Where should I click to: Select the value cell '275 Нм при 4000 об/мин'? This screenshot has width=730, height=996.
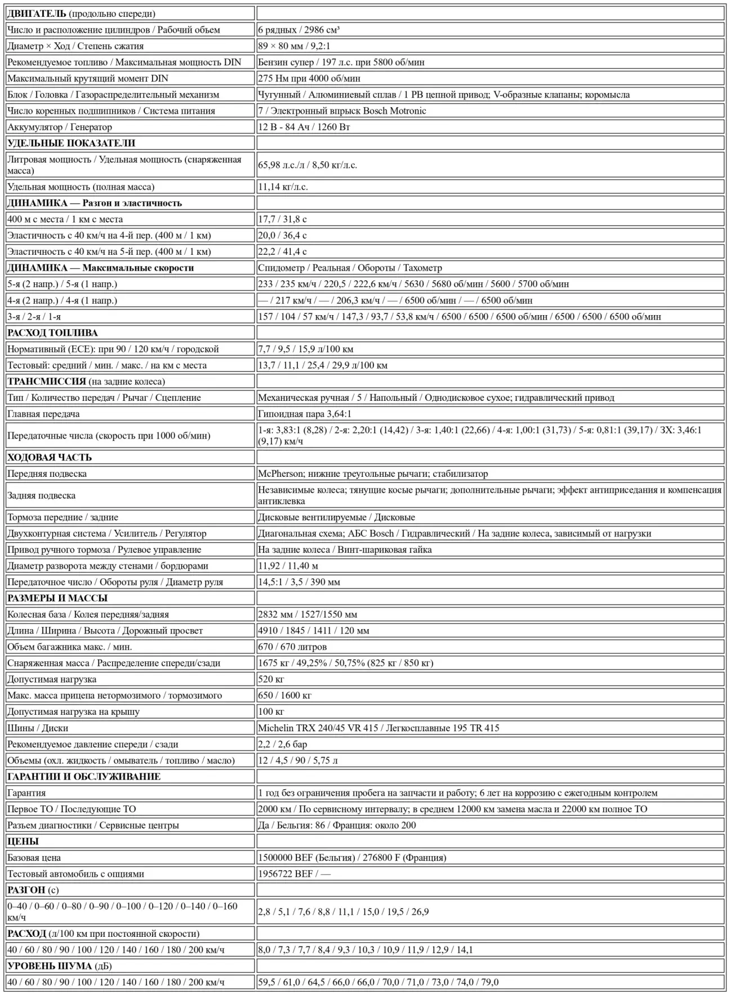pos(309,78)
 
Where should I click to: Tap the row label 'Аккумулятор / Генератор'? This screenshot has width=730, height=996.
pos(60,127)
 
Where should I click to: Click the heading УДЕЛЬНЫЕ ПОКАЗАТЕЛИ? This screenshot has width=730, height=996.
pos(71,143)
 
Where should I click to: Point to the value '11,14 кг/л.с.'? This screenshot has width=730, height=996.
pos(283,187)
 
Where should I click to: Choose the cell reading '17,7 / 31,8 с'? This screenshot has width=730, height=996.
pos(282,219)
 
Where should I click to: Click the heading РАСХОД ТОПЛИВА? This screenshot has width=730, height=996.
pos(52,333)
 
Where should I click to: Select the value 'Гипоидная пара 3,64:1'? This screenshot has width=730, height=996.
pos(304,414)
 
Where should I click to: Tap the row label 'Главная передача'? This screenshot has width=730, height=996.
pos(43,414)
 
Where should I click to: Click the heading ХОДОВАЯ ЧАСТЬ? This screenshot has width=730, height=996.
pos(50,457)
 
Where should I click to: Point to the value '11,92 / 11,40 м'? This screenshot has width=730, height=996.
pos(288,565)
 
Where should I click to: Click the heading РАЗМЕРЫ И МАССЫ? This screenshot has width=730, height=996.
pos(57,598)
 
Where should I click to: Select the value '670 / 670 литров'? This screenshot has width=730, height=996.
pos(292,647)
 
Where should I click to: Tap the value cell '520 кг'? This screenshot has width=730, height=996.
pos(271,679)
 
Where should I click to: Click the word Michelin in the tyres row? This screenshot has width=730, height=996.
pos(275,728)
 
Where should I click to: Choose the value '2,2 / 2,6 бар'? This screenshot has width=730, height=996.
pos(282,744)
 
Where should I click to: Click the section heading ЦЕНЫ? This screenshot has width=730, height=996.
pos(23,841)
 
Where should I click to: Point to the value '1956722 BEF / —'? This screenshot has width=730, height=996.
pos(294,874)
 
